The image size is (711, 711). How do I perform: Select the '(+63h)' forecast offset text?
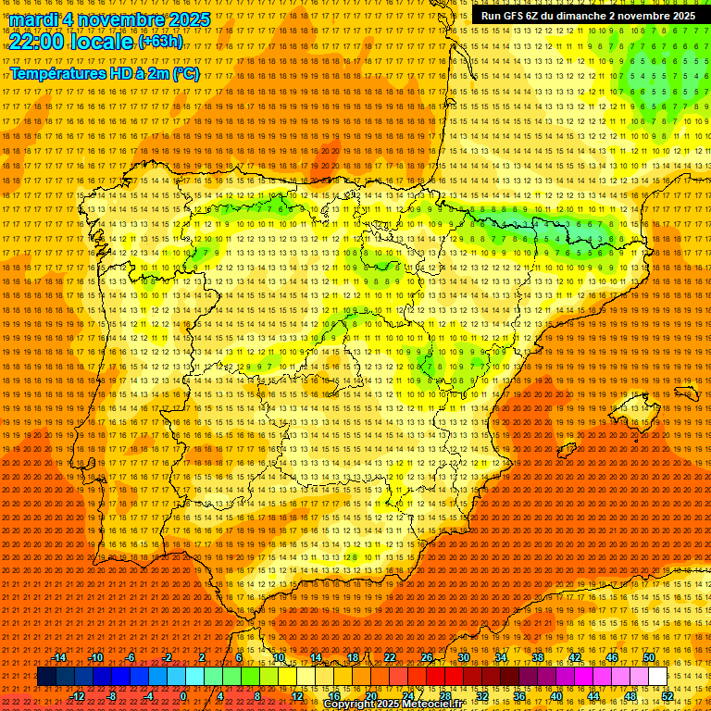pyautogui.click(x=160, y=42)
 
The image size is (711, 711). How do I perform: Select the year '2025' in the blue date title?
pyautogui.click(x=189, y=19)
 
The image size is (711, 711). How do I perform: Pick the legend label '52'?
pyautogui.click(x=667, y=695)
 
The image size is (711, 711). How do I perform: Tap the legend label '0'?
pyautogui.click(x=183, y=695)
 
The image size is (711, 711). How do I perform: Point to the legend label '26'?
pyautogui.click(x=427, y=657)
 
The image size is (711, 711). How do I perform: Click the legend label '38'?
pyautogui.click(x=537, y=657)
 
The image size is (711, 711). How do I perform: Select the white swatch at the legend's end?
pyautogui.click(x=657, y=677)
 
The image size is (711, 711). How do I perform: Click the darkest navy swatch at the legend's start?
pyautogui.click(x=46, y=677)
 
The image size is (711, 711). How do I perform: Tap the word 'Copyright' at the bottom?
pyautogui.click(x=350, y=705)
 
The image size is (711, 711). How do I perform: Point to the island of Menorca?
pyautogui.click(x=686, y=393)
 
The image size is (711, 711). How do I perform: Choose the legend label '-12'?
pyautogui.click(x=79, y=695)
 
